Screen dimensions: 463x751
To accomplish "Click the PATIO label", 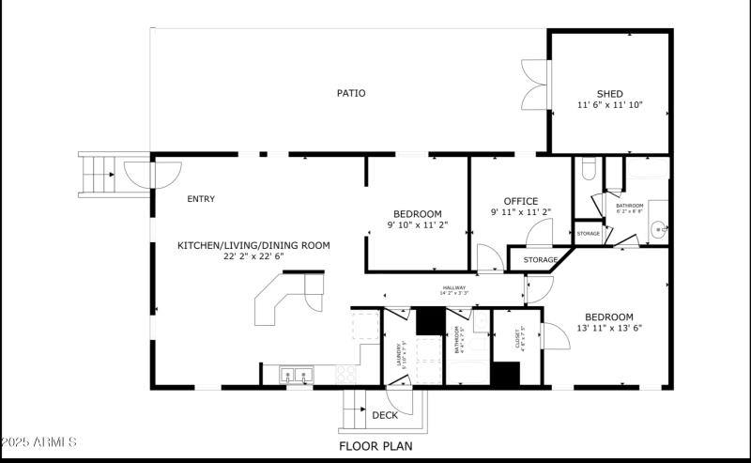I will pos(351,93).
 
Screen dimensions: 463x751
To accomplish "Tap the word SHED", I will pos(609,93).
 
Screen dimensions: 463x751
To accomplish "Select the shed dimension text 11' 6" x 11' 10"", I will pos(609,106).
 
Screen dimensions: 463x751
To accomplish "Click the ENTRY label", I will pos(201,199).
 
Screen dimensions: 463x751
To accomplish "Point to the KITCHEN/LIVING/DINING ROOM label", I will pos(253,245).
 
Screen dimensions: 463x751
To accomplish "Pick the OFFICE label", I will pos(520,201).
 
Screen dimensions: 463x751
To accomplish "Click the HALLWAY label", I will pos(453,288).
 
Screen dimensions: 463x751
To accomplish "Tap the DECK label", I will pos(385,415).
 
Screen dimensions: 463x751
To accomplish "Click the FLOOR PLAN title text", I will pos(375,446).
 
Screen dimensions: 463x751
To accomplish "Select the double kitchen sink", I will pos(298,376).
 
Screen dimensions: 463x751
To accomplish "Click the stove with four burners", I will pos(345,374).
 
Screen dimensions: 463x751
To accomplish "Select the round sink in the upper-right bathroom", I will pos(660,226).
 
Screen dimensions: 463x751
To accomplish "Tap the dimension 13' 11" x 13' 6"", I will pos(608,328).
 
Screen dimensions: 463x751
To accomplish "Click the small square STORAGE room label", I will pos(588,233).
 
